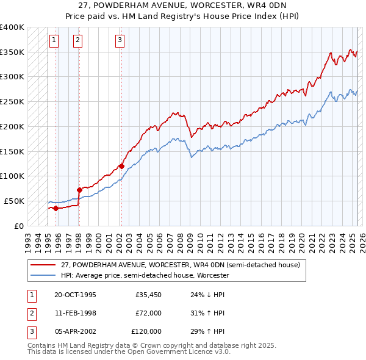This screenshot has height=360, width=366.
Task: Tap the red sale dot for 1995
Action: click(x=56, y=208)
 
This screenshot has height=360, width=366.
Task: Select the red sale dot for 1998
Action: click(x=79, y=190)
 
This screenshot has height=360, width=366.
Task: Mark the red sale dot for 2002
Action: click(x=121, y=166)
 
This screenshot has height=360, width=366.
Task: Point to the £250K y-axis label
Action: click(x=12, y=101)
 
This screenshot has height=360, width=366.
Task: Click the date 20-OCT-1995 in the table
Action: click(x=75, y=295)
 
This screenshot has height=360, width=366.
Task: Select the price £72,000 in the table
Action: click(x=148, y=313)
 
